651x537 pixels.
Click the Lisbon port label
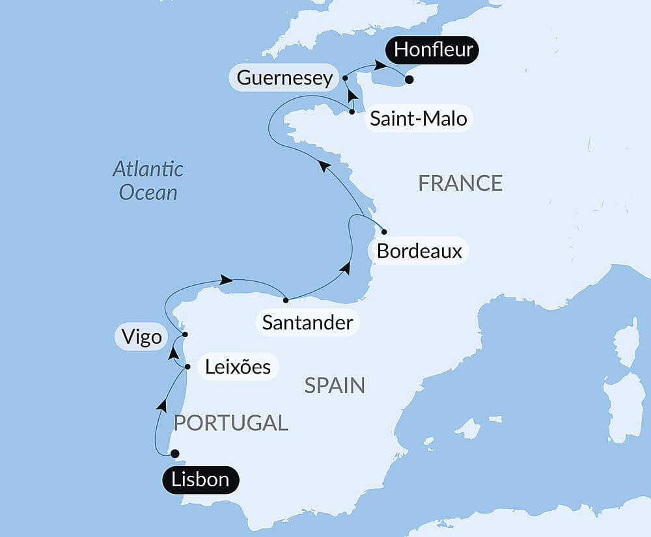coord(200,480)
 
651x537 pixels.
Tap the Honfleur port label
coord(433,49)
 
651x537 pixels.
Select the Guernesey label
coord(284,78)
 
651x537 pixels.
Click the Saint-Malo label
coord(418,119)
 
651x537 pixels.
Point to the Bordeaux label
coord(419,251)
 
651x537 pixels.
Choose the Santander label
coord(307,322)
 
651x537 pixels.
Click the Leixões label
coord(238,366)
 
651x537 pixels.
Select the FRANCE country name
coord(460,184)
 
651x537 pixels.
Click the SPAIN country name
coord(335,386)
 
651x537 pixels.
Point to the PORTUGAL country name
coord(230,422)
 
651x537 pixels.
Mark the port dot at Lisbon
coord(174,454)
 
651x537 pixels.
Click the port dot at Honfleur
coord(409,80)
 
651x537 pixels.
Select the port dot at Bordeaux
coord(384,232)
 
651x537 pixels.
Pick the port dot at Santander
coord(286,300)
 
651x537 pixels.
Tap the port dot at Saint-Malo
coord(352,112)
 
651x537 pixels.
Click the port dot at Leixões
coord(187,367)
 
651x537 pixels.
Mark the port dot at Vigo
coord(185,335)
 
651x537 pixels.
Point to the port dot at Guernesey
coord(345,78)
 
